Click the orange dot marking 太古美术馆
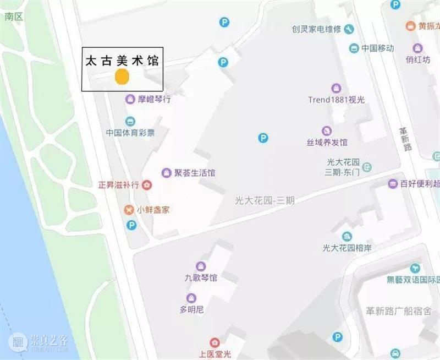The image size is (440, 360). click(x=122, y=77)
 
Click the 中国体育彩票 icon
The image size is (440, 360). click(x=130, y=121)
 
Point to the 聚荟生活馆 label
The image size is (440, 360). click(x=195, y=173)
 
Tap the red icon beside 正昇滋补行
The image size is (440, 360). click(x=147, y=185)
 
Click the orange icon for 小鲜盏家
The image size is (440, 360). click(x=129, y=209)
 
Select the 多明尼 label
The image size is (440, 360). click(x=192, y=309)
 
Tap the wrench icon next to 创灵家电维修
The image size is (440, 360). click(x=349, y=29)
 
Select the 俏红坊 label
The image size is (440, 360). click(x=418, y=59)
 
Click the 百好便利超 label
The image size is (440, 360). click(x=420, y=184)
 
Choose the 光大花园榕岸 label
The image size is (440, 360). click(x=349, y=248)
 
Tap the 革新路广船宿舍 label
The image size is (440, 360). click(x=395, y=310)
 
